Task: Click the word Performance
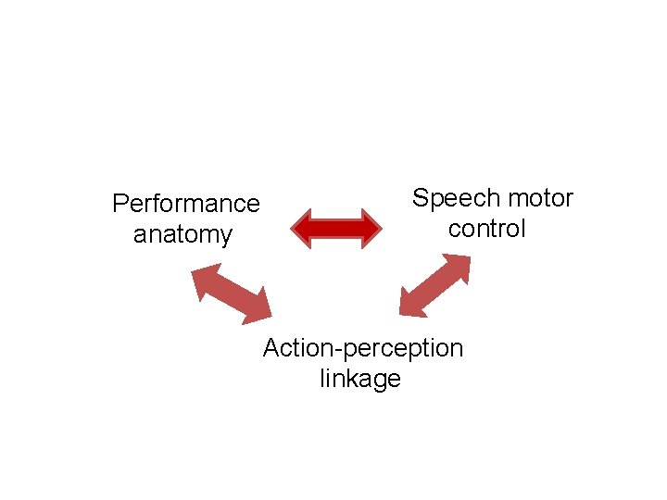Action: (185, 203)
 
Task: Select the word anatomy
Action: (182, 234)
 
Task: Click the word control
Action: (486, 229)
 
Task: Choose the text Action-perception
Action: (362, 348)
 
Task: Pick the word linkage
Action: (359, 379)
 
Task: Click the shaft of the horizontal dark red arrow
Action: (335, 227)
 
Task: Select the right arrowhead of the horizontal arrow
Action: (371, 227)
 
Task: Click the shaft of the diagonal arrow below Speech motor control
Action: (434, 286)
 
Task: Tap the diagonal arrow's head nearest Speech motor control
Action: (459, 266)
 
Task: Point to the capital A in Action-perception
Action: (271, 348)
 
